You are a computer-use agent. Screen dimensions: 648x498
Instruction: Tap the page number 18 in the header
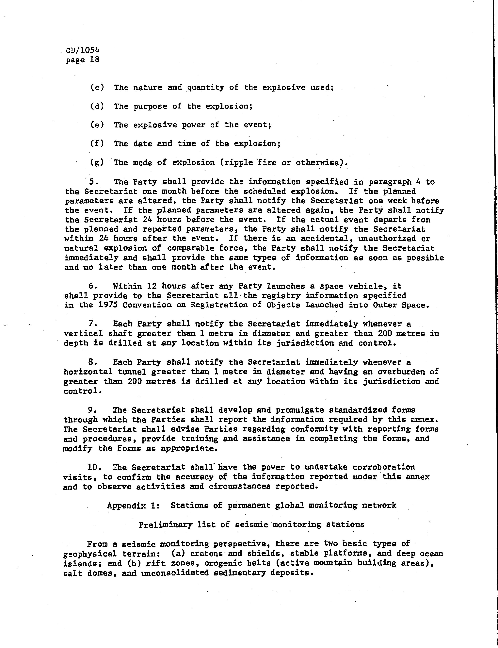[x=95, y=60]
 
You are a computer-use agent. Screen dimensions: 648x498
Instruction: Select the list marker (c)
[x=97, y=88]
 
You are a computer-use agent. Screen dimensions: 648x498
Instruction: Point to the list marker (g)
[x=97, y=162]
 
